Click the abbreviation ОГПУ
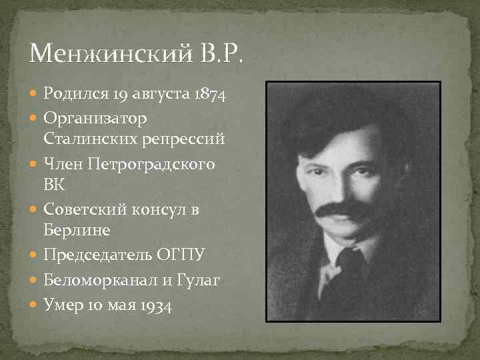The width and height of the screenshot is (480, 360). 181,255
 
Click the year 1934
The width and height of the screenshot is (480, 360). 155,307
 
